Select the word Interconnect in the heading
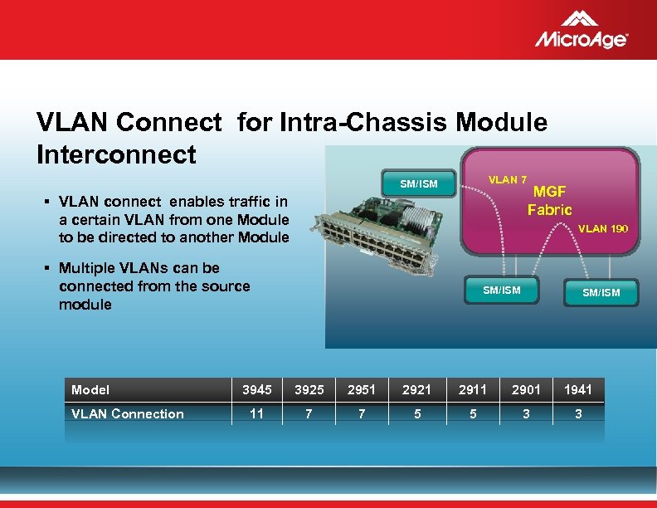click(x=116, y=154)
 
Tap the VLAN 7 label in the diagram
click(x=508, y=180)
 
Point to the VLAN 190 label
click(x=602, y=228)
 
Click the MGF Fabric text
click(x=549, y=201)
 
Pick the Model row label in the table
click(x=90, y=389)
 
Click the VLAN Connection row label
click(x=128, y=413)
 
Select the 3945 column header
click(x=256, y=389)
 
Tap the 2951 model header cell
click(x=362, y=389)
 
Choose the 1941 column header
click(x=578, y=389)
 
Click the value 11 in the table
click(x=256, y=413)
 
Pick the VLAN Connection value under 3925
click(x=309, y=413)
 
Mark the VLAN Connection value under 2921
click(x=416, y=413)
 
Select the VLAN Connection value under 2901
click(x=526, y=413)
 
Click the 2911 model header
click(x=473, y=389)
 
